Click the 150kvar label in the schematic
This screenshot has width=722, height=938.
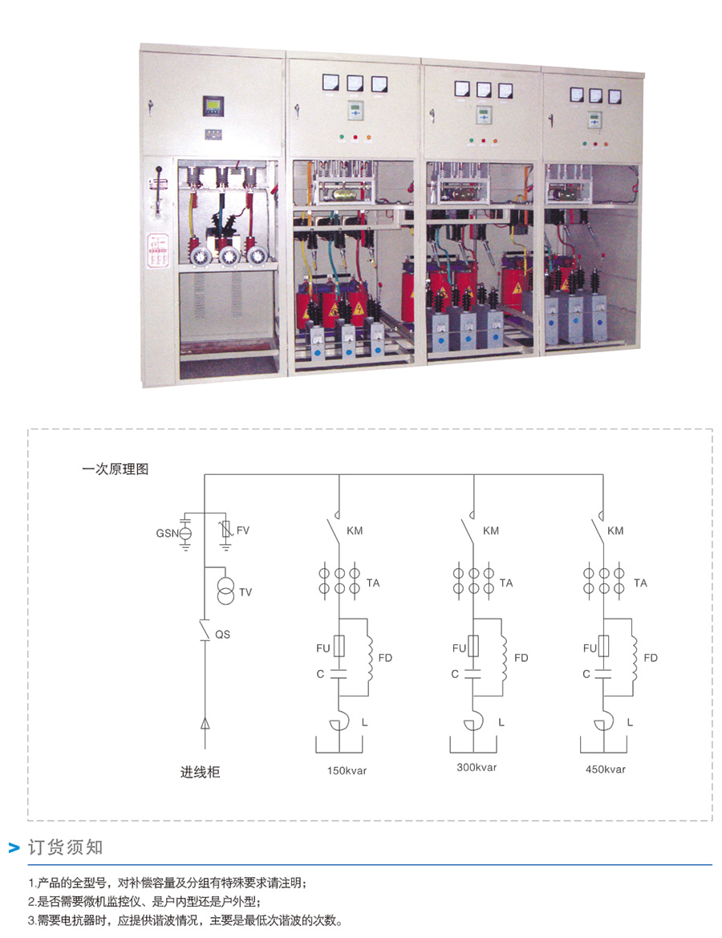347,770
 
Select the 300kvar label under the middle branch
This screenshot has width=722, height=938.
477,767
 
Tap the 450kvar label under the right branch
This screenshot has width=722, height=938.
606,769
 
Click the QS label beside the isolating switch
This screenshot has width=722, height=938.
222,634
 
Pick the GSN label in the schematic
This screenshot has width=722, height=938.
167,533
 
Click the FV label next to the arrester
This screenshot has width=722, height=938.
243,530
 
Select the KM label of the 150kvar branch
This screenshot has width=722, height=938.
355,530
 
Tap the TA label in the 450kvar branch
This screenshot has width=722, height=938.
640,583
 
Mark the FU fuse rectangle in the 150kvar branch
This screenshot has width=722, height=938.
339,647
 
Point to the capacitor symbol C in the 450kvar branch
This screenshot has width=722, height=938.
603,674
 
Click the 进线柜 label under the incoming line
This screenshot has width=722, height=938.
201,772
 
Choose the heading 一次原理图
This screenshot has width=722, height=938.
116,469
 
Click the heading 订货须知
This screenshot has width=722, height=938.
66,847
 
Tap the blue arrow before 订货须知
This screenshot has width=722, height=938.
14,847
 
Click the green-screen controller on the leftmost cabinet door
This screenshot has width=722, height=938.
213,106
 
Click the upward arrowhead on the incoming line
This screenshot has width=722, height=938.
205,723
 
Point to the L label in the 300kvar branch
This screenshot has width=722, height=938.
501,723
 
